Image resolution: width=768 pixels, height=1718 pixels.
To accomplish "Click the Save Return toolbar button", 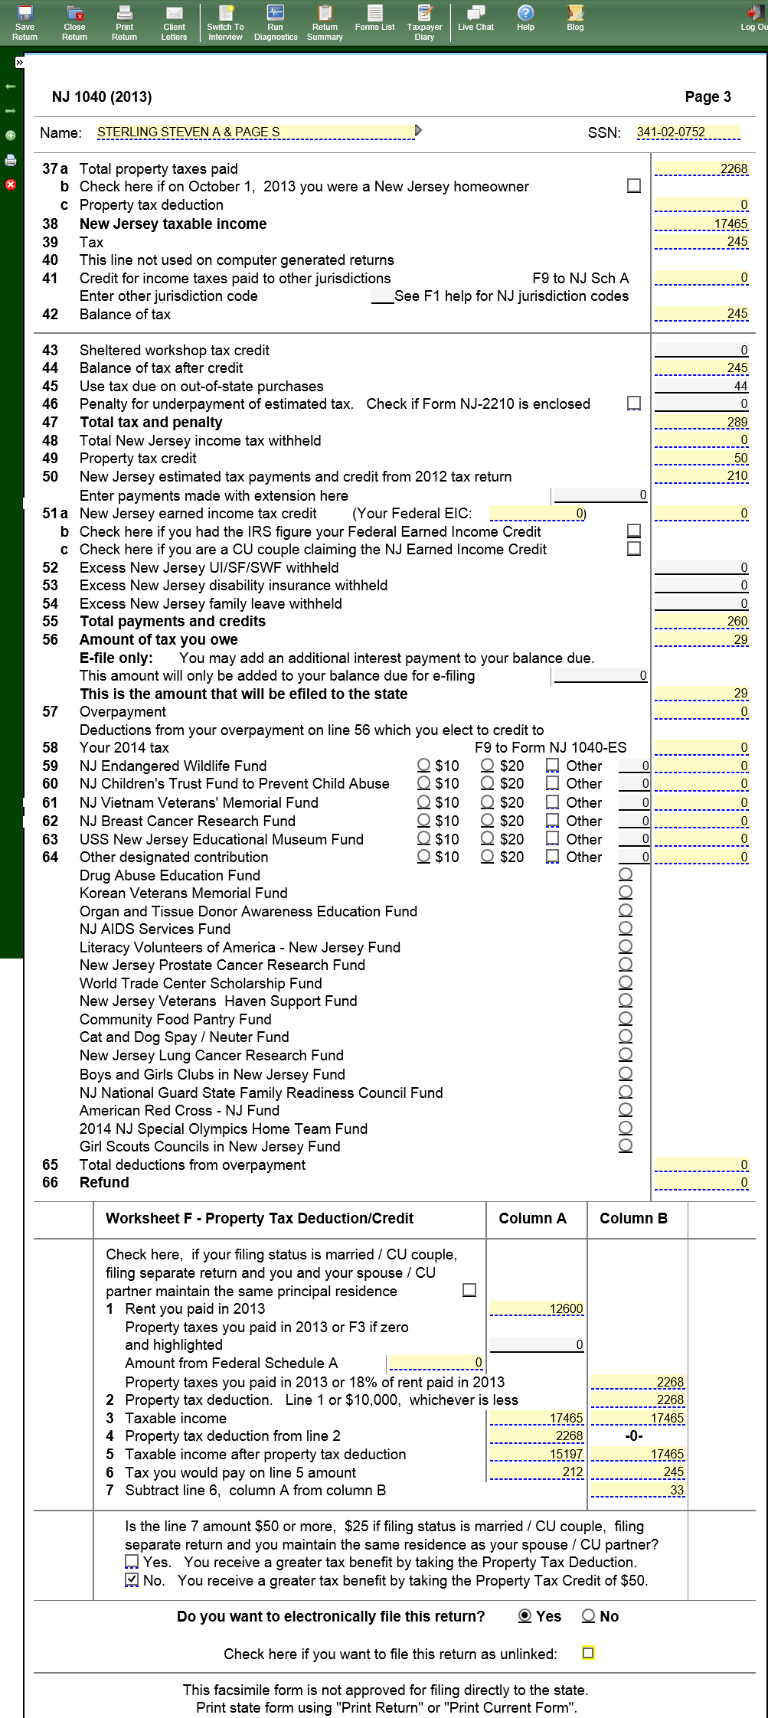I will (x=25, y=21).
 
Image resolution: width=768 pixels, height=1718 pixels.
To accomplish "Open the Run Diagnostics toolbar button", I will (x=276, y=21).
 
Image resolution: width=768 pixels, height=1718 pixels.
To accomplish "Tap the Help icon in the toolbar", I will (x=525, y=17).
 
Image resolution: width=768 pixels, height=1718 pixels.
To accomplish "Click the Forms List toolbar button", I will (x=374, y=17).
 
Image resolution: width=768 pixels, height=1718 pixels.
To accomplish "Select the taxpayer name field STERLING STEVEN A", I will (x=256, y=132).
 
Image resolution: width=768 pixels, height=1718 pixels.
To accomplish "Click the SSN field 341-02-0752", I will (x=687, y=132).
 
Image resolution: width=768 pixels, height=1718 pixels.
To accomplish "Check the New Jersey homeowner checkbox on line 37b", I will (x=634, y=186).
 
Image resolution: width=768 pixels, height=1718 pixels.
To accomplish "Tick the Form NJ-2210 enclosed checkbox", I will (x=634, y=403).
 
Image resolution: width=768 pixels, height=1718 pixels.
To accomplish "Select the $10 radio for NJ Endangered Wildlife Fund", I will (x=424, y=765).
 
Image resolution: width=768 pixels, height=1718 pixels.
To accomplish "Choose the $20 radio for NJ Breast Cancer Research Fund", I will (x=488, y=821).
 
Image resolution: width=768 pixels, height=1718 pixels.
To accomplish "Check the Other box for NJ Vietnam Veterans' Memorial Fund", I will (x=553, y=802).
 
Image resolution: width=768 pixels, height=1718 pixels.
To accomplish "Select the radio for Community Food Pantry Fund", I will (x=626, y=1018).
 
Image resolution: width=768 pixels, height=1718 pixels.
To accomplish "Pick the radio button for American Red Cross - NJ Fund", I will (x=626, y=1109).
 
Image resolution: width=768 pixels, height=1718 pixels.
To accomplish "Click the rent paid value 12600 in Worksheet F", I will (x=537, y=1308).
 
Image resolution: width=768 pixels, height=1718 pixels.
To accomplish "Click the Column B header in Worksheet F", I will (x=633, y=1218).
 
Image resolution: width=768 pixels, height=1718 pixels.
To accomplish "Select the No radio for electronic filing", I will (x=589, y=1615).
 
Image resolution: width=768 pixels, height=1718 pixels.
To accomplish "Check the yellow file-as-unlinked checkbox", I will (x=588, y=1653).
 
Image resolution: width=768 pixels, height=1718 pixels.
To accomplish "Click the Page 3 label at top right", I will (x=708, y=96).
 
